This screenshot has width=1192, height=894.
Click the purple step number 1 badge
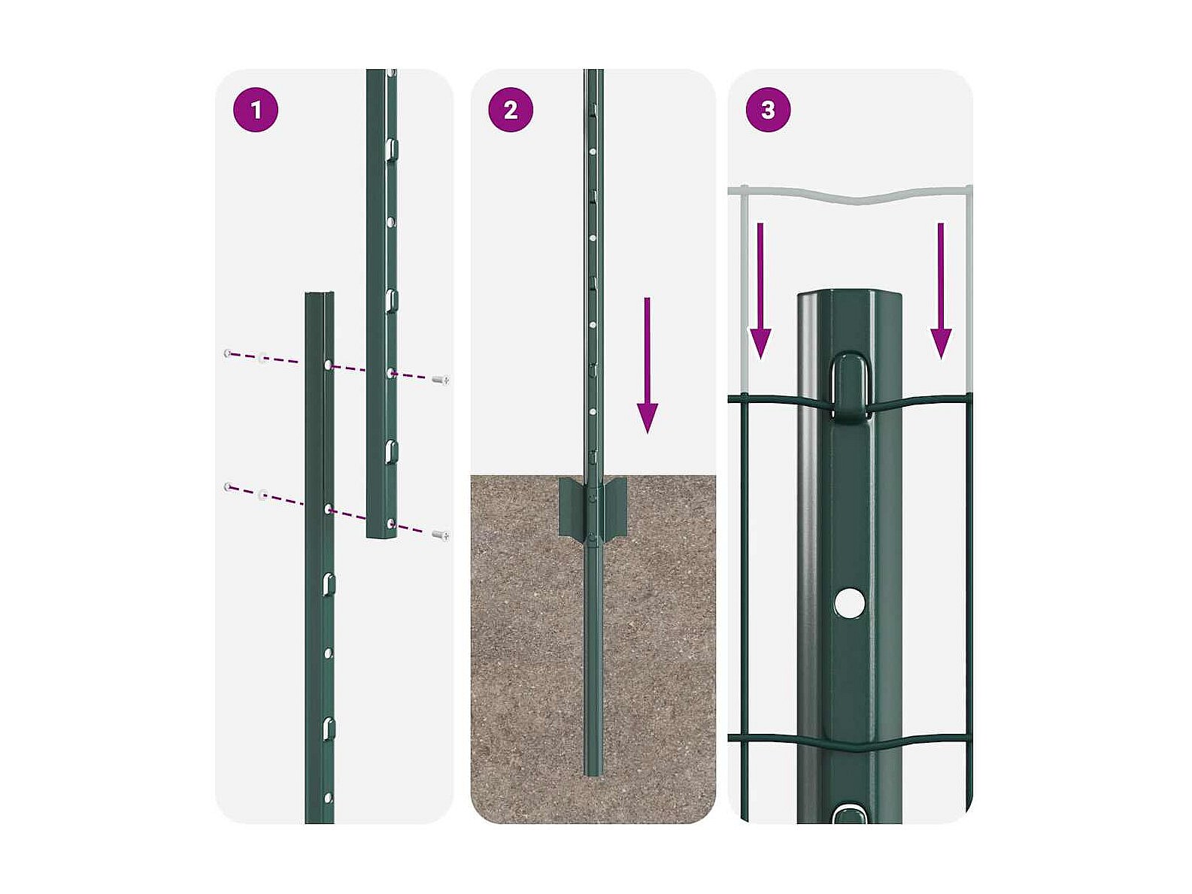[255, 110]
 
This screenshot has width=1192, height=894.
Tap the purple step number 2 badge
[511, 110]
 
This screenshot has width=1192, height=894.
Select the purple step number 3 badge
[768, 110]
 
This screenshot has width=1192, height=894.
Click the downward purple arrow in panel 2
[647, 365]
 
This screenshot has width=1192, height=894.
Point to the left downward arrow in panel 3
[760, 291]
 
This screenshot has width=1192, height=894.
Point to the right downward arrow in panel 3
[941, 291]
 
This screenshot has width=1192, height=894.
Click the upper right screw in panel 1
[441, 380]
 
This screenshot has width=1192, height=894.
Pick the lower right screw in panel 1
[441, 535]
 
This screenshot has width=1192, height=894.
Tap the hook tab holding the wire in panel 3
[850, 386]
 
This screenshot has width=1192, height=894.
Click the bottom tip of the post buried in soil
[593, 774]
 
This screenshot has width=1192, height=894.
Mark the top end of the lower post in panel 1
[320, 294]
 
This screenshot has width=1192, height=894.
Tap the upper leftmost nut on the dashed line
[228, 353]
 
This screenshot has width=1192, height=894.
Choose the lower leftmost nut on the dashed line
[228, 486]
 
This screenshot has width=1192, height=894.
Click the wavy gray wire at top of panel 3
[850, 195]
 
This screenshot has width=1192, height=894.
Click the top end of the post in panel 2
[593, 71]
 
